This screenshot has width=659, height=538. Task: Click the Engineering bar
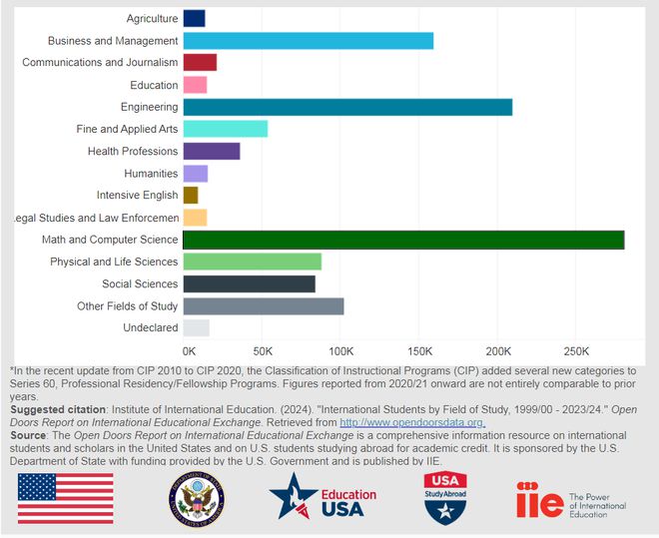(347, 107)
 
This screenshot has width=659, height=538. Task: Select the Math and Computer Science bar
(403, 240)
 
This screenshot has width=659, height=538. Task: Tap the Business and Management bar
(309, 41)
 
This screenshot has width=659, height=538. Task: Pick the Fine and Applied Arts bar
(226, 129)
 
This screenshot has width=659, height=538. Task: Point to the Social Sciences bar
(250, 283)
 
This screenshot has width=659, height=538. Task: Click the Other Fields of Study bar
(264, 305)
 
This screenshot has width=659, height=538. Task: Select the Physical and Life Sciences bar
(253, 262)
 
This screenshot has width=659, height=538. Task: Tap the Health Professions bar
(212, 151)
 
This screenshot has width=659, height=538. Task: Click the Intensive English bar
(191, 195)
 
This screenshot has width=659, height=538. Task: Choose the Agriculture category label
(152, 19)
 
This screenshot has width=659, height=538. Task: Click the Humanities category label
(151, 174)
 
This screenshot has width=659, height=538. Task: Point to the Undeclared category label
(150, 327)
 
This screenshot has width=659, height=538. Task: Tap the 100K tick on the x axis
(341, 351)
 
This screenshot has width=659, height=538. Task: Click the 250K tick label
(577, 351)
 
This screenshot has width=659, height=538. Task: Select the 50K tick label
(263, 351)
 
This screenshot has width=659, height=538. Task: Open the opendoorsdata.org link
(412, 422)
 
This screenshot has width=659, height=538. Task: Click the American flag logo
(65, 498)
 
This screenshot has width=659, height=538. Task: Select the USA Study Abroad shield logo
(445, 498)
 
